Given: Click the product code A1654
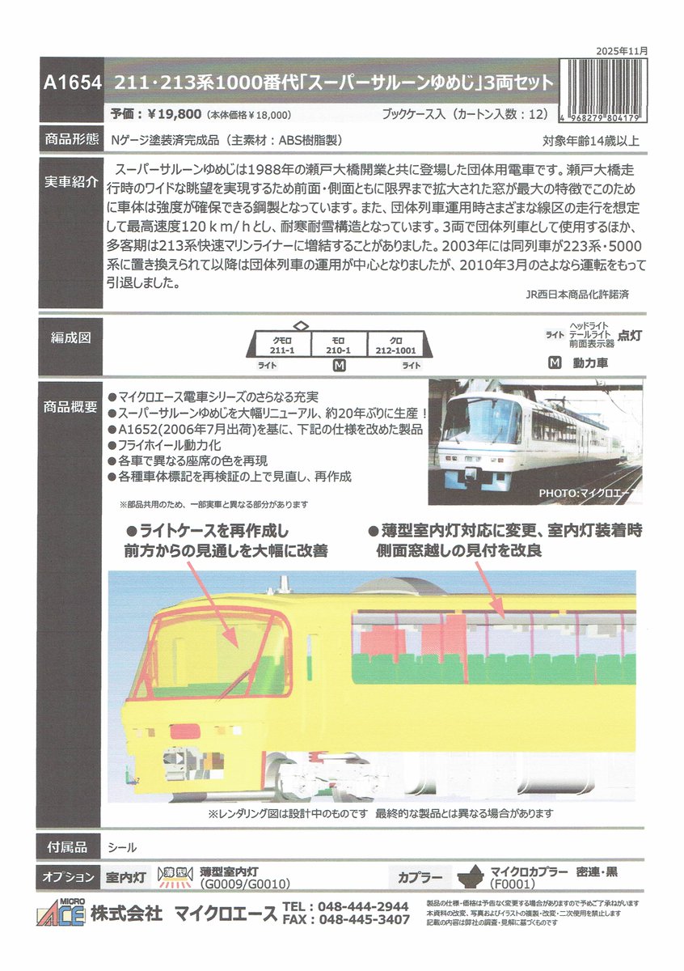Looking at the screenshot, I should tap(72, 83).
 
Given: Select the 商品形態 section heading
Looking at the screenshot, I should tap(71, 139).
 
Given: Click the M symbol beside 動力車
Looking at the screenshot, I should tap(554, 363).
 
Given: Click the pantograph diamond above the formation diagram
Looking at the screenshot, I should tap(300, 324).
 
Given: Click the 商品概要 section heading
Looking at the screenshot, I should tap(71, 408).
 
